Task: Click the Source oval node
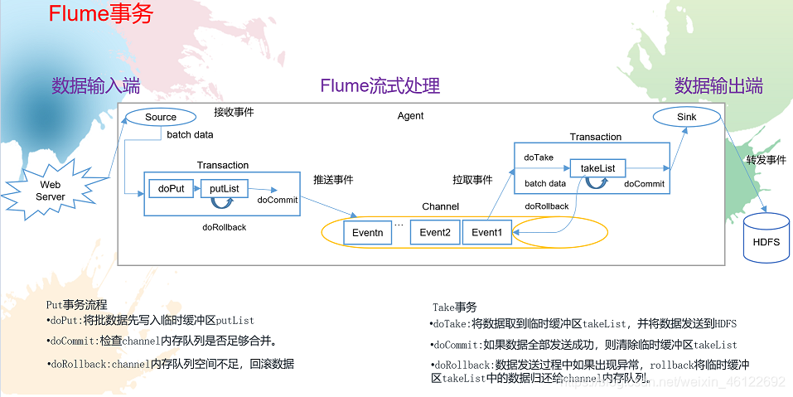click(x=161, y=117)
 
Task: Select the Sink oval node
click(x=686, y=117)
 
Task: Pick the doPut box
click(x=171, y=189)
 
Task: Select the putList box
click(x=224, y=189)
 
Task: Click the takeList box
click(x=597, y=168)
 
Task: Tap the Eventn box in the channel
click(x=367, y=233)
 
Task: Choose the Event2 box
click(x=434, y=233)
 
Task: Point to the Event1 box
click(x=486, y=233)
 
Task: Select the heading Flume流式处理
click(x=380, y=85)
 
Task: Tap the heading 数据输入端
click(x=95, y=85)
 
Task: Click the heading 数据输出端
click(x=718, y=85)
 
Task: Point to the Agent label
click(x=410, y=116)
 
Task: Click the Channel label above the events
click(x=440, y=206)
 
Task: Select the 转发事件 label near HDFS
click(x=766, y=160)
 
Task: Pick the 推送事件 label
click(x=332, y=179)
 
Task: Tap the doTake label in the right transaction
click(x=539, y=157)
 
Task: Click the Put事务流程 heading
click(x=77, y=305)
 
